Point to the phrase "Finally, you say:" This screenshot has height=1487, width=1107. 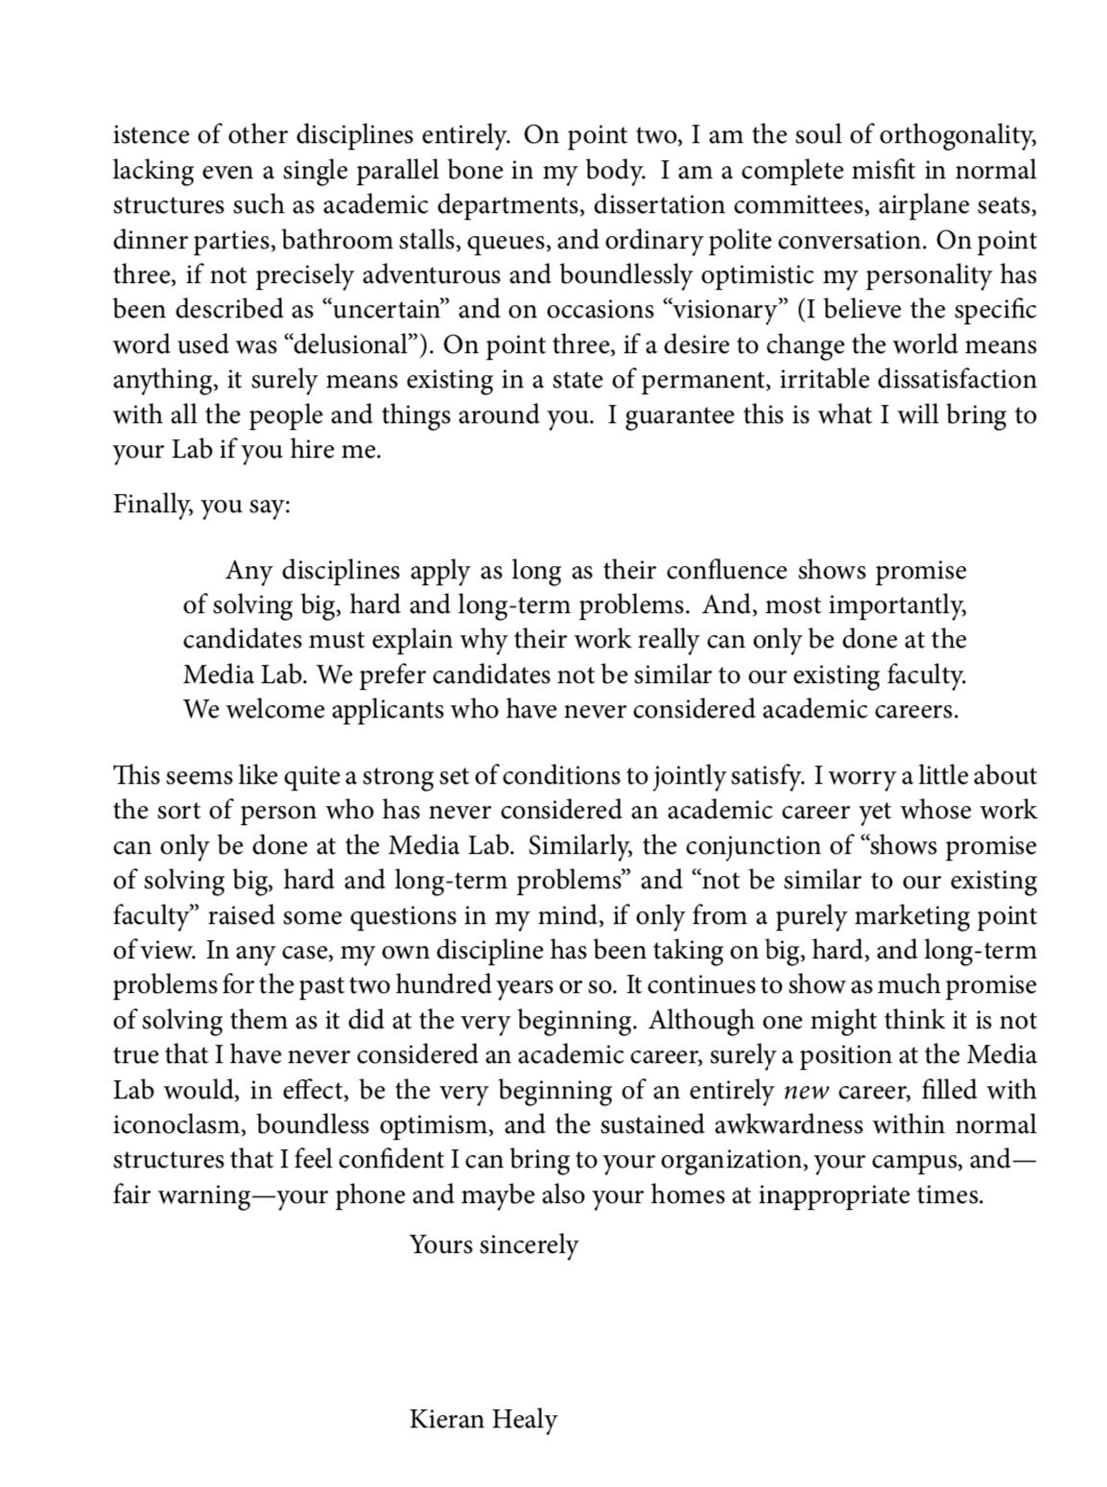pos(201,505)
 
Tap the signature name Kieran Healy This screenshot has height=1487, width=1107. pos(483,1419)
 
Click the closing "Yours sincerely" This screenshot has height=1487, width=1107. pos(493,1245)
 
